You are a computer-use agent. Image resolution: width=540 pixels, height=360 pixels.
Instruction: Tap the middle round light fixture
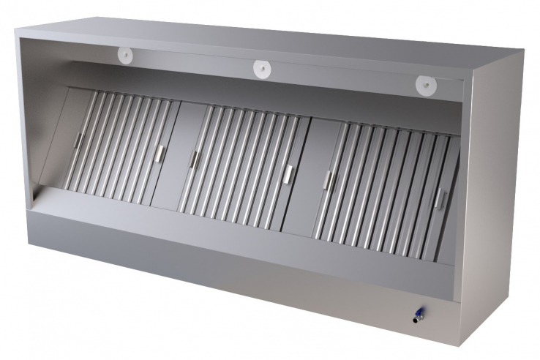point(262,69)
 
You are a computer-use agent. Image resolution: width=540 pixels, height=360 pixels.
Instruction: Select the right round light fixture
point(424,84)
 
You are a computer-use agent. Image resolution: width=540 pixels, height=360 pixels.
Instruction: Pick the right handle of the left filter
point(160,152)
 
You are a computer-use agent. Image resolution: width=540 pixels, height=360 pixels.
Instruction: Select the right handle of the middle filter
point(288,173)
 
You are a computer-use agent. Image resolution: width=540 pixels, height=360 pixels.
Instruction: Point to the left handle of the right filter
point(328,180)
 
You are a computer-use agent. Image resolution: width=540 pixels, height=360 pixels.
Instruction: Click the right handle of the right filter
point(440,198)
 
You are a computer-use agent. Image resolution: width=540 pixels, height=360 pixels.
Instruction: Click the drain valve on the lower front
point(416,315)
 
